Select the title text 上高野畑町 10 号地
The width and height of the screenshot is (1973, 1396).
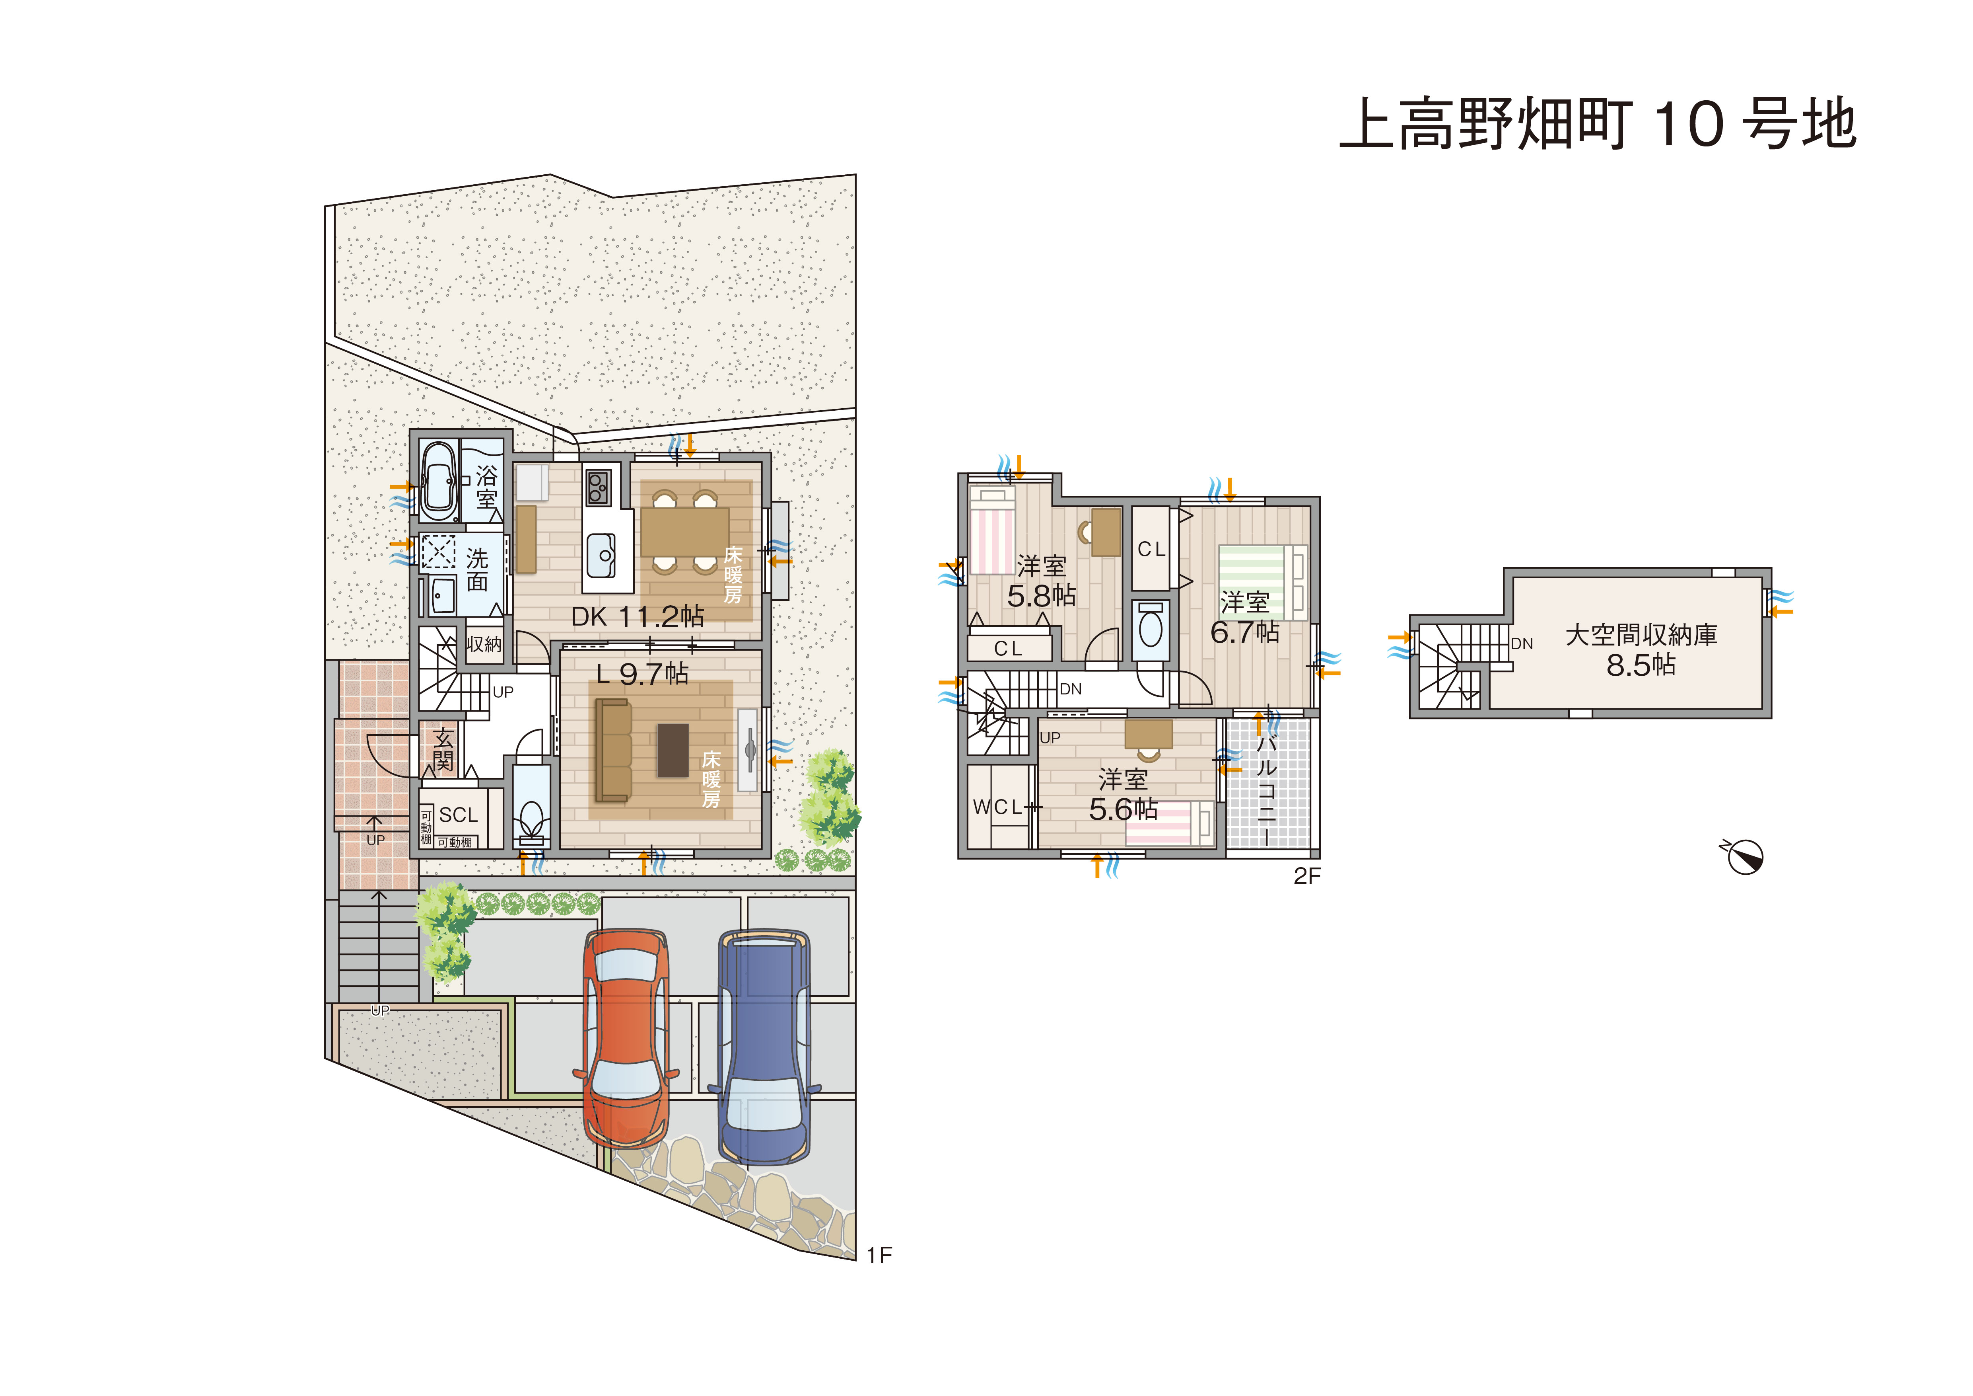tap(1598, 125)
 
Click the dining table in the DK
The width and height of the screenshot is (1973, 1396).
tap(685, 533)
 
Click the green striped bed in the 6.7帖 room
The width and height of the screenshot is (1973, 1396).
tap(1262, 582)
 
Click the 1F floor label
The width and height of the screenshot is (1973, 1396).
tap(879, 1256)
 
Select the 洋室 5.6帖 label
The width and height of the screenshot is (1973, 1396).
tap(1123, 794)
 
